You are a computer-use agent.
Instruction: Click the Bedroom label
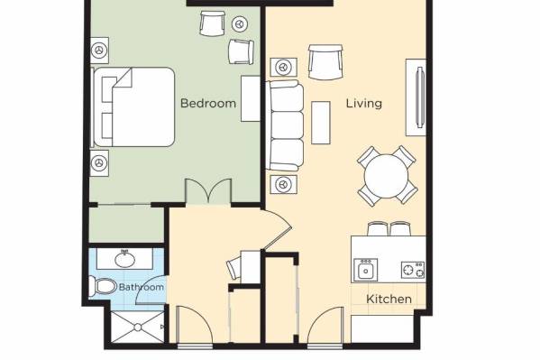point(208,103)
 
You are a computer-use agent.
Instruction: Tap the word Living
point(364,104)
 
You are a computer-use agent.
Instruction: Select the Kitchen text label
point(389,299)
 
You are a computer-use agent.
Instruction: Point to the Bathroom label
point(142,287)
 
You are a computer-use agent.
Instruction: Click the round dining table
point(387,176)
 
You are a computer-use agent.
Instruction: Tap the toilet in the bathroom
point(103,286)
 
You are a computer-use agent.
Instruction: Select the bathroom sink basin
point(124,259)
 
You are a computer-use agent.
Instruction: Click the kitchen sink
point(366,270)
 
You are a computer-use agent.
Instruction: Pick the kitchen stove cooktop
point(413,270)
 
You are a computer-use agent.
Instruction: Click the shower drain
point(138,328)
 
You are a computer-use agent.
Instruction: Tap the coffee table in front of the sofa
point(321,123)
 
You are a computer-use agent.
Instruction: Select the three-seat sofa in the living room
point(285,125)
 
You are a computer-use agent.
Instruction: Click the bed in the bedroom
point(133,106)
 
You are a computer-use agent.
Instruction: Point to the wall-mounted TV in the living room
point(420,97)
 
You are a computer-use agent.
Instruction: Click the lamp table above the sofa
point(283,67)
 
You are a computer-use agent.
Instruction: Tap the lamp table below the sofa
point(283,184)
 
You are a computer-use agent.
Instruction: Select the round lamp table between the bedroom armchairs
point(240,24)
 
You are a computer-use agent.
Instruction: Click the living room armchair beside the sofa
point(325,62)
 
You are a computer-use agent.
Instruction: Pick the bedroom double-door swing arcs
point(208,190)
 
